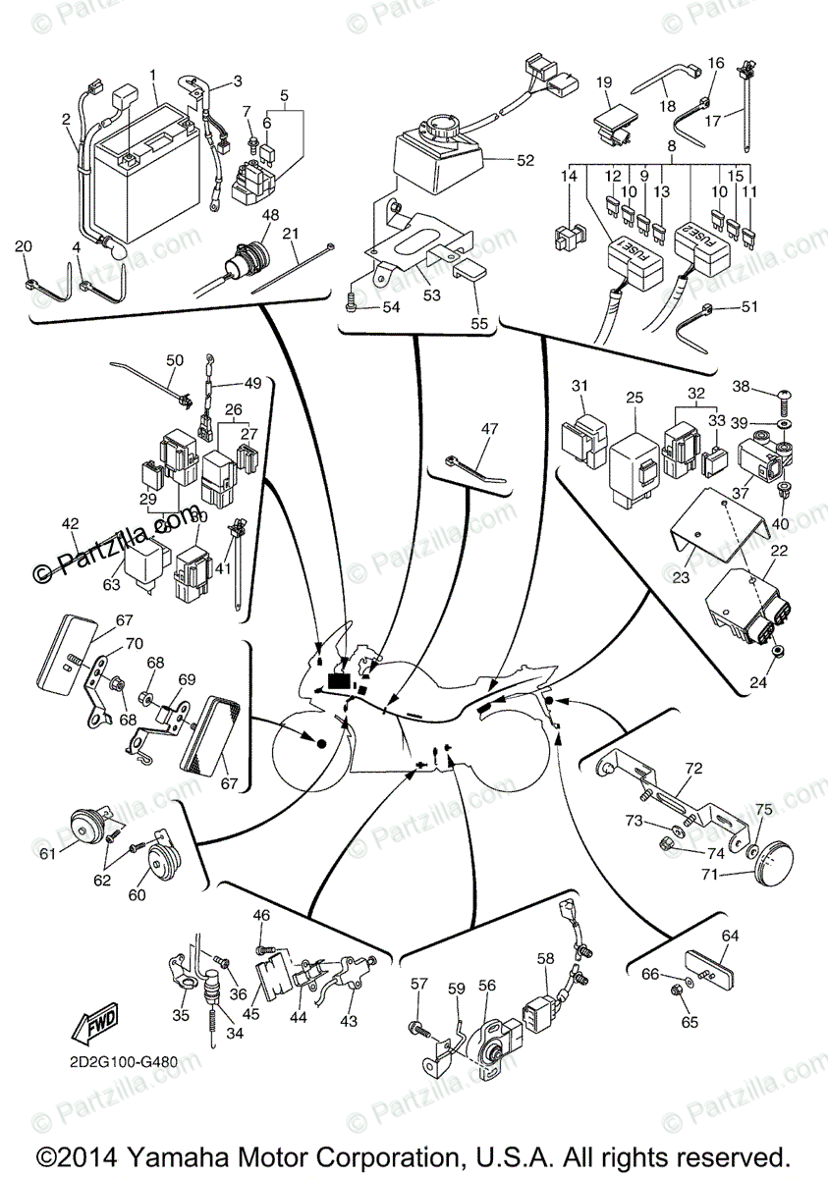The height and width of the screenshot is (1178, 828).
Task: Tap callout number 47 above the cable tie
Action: pos(490,428)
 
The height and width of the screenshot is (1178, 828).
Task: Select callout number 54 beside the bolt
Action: pos(391,308)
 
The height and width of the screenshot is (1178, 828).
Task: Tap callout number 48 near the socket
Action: pos(268,216)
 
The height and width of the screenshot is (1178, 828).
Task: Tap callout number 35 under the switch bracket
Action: pos(181,1015)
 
